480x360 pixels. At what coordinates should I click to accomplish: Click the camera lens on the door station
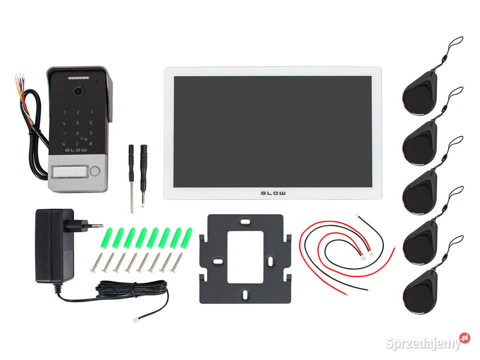point(78,90)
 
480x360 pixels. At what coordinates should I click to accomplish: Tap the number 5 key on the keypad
point(78,123)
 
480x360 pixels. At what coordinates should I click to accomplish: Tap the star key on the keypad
point(64,144)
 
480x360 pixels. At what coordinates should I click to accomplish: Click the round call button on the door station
point(95,171)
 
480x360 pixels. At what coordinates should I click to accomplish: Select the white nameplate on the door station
point(70,171)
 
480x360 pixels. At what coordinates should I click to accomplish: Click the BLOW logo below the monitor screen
point(273,193)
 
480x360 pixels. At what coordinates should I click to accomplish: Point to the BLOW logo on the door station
point(76,150)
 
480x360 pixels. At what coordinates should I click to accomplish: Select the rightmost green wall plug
point(186,238)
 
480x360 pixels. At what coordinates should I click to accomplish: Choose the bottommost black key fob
point(420,291)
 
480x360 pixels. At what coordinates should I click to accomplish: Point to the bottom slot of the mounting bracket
point(245,294)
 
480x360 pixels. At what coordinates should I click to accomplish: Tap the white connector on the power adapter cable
point(135,320)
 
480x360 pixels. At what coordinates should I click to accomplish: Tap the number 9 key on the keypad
point(90,133)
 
